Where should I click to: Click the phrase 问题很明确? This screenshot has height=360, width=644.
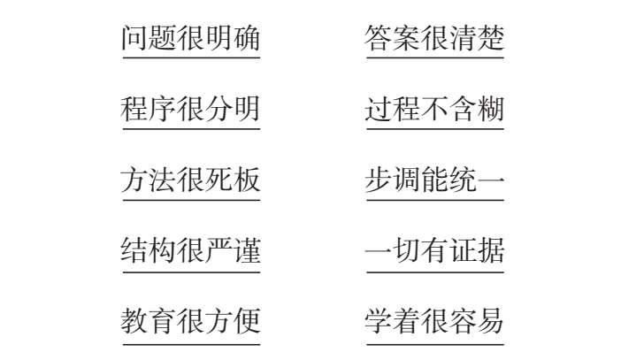190,39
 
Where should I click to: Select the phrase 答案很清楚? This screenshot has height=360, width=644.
434,39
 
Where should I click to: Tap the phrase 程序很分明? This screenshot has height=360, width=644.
190,110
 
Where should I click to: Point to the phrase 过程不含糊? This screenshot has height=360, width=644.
434,110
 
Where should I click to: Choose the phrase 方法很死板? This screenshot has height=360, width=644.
190,180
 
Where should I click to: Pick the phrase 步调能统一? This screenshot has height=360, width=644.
434,180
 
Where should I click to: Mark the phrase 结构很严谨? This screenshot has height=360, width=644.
190,251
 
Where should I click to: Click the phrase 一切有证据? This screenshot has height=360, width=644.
434,251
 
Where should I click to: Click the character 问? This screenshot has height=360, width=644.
134,39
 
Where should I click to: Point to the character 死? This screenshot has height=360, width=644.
218,180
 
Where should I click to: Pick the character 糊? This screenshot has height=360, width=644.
491,110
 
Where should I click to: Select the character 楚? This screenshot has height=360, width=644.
491,39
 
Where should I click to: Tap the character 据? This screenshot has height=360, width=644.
491,251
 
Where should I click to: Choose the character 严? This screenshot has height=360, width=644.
218,251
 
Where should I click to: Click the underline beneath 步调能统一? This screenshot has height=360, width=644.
434,201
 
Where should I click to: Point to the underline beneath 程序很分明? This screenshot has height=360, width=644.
190,130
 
